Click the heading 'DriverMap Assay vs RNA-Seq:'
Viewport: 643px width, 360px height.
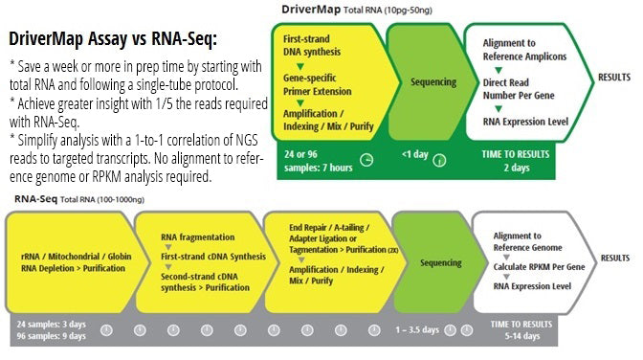tap(113, 41)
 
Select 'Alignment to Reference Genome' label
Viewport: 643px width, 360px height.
tap(530, 240)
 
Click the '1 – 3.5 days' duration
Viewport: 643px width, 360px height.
tap(418, 328)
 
